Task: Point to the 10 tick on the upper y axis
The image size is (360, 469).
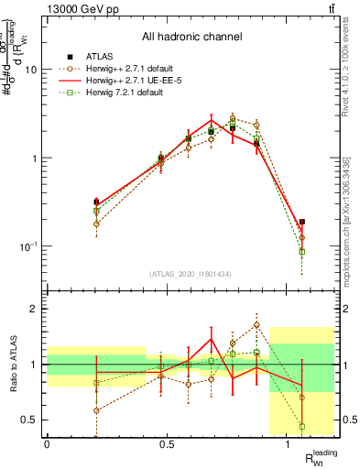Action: click(32, 70)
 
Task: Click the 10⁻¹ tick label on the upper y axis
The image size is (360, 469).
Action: click(30, 246)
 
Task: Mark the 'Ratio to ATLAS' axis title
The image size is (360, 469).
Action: click(12, 365)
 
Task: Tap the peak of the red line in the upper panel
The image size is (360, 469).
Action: click(211, 119)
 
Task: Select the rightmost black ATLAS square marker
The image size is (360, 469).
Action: click(302, 222)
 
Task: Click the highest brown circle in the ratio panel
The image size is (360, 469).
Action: click(256, 324)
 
